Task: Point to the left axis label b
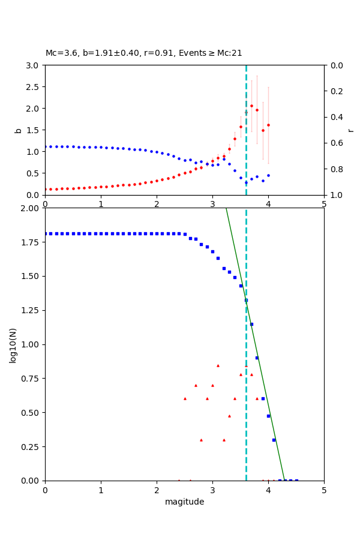point(18,130)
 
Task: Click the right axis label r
point(350,130)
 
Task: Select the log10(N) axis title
point(13,344)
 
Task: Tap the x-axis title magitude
point(184,502)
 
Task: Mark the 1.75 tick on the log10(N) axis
point(31,242)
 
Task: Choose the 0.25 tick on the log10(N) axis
point(31,447)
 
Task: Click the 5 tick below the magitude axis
point(324,490)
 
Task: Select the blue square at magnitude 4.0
point(268,416)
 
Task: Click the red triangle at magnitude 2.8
point(201,440)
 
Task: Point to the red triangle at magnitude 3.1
point(218,365)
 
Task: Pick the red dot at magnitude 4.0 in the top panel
point(268,125)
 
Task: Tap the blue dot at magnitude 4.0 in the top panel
point(268,175)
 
